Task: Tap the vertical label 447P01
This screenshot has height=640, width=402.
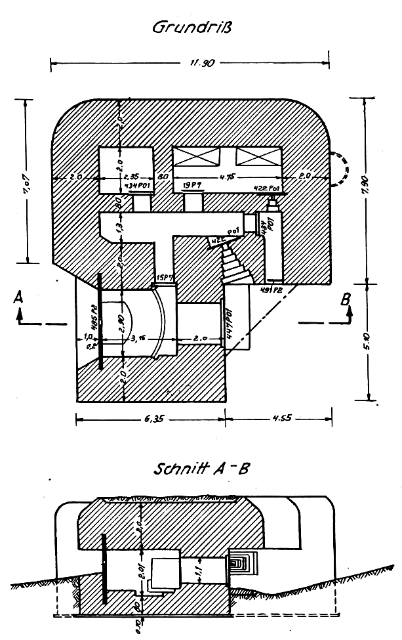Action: coord(230,320)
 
